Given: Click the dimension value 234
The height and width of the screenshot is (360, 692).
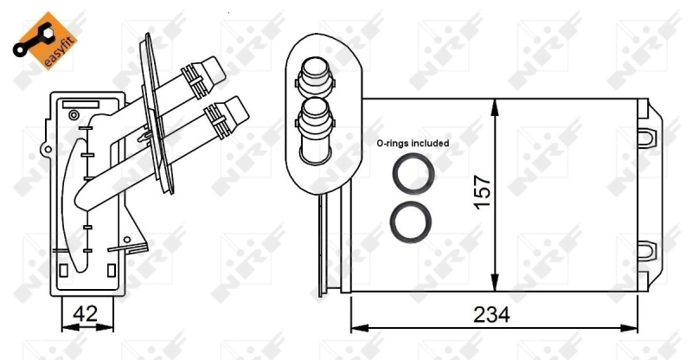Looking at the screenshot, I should pyautogui.click(x=491, y=315).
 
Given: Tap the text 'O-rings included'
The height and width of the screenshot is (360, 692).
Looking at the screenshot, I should pyautogui.click(x=412, y=144).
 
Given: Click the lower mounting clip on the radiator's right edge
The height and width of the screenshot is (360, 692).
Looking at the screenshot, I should pyautogui.click(x=646, y=251).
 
